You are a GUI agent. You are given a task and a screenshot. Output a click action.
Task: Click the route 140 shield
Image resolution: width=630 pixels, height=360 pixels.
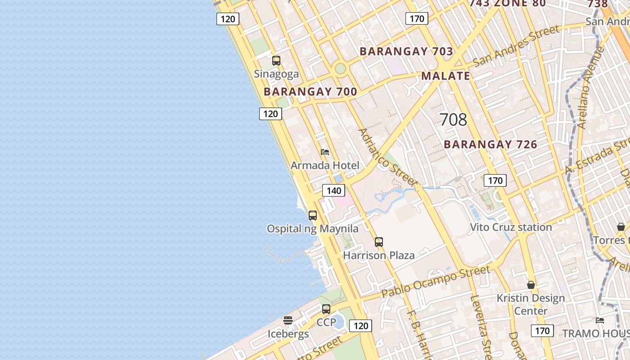coord(333,190)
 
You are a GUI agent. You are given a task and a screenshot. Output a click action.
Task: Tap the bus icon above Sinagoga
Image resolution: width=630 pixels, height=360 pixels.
coord(276,60)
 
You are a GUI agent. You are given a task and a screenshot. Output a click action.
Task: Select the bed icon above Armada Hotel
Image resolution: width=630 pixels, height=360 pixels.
coord(325,152)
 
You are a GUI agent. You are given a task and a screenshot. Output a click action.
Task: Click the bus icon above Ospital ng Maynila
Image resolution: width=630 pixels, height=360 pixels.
coord(313,215)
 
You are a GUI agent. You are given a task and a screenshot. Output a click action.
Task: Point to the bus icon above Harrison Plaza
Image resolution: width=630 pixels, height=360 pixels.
coord(379,242)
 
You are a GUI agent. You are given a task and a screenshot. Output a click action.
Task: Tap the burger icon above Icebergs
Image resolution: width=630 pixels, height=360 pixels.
coord(288,320)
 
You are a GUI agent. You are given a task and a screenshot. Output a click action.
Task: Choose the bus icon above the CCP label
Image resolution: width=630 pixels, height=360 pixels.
coord(326,309)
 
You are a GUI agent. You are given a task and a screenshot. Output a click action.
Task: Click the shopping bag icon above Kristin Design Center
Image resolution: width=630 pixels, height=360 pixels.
coord(531,285)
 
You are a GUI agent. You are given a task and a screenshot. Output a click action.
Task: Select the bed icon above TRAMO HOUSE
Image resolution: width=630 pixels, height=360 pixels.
coord(600,320)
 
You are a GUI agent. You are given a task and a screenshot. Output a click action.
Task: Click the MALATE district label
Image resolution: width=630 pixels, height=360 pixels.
coord(445,76)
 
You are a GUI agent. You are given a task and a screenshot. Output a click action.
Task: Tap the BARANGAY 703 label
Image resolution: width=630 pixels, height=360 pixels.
coord(406,51)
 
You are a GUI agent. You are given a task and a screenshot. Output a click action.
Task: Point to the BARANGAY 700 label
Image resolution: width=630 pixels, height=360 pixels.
coord(310,92)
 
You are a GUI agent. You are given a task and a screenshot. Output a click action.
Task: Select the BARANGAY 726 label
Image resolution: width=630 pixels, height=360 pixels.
coord(490,144)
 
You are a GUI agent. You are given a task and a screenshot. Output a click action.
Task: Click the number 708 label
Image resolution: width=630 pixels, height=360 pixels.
coord(453,120)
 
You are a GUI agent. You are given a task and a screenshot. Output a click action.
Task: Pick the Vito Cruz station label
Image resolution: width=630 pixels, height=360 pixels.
coord(511,227)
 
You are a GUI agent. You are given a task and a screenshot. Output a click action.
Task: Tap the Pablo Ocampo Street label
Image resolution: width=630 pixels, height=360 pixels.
coord(436,281)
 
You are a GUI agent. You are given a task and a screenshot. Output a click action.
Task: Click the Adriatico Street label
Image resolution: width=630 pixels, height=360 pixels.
coord(387,157)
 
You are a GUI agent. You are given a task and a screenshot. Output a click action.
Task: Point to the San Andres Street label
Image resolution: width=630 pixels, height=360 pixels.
coord(516,45)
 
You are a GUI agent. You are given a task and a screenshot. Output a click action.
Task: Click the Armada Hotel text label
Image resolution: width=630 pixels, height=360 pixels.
coord(325,166)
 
